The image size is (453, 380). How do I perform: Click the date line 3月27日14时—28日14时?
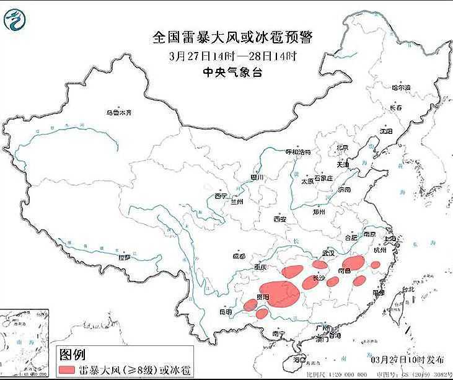click(233, 55)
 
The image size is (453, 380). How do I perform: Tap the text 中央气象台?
click(233, 72)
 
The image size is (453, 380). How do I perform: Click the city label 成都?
click(239, 255)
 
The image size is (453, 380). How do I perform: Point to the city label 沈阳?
click(386, 131)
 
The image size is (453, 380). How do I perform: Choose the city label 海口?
click(300, 359)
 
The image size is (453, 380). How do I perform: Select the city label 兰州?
click(236, 202)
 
